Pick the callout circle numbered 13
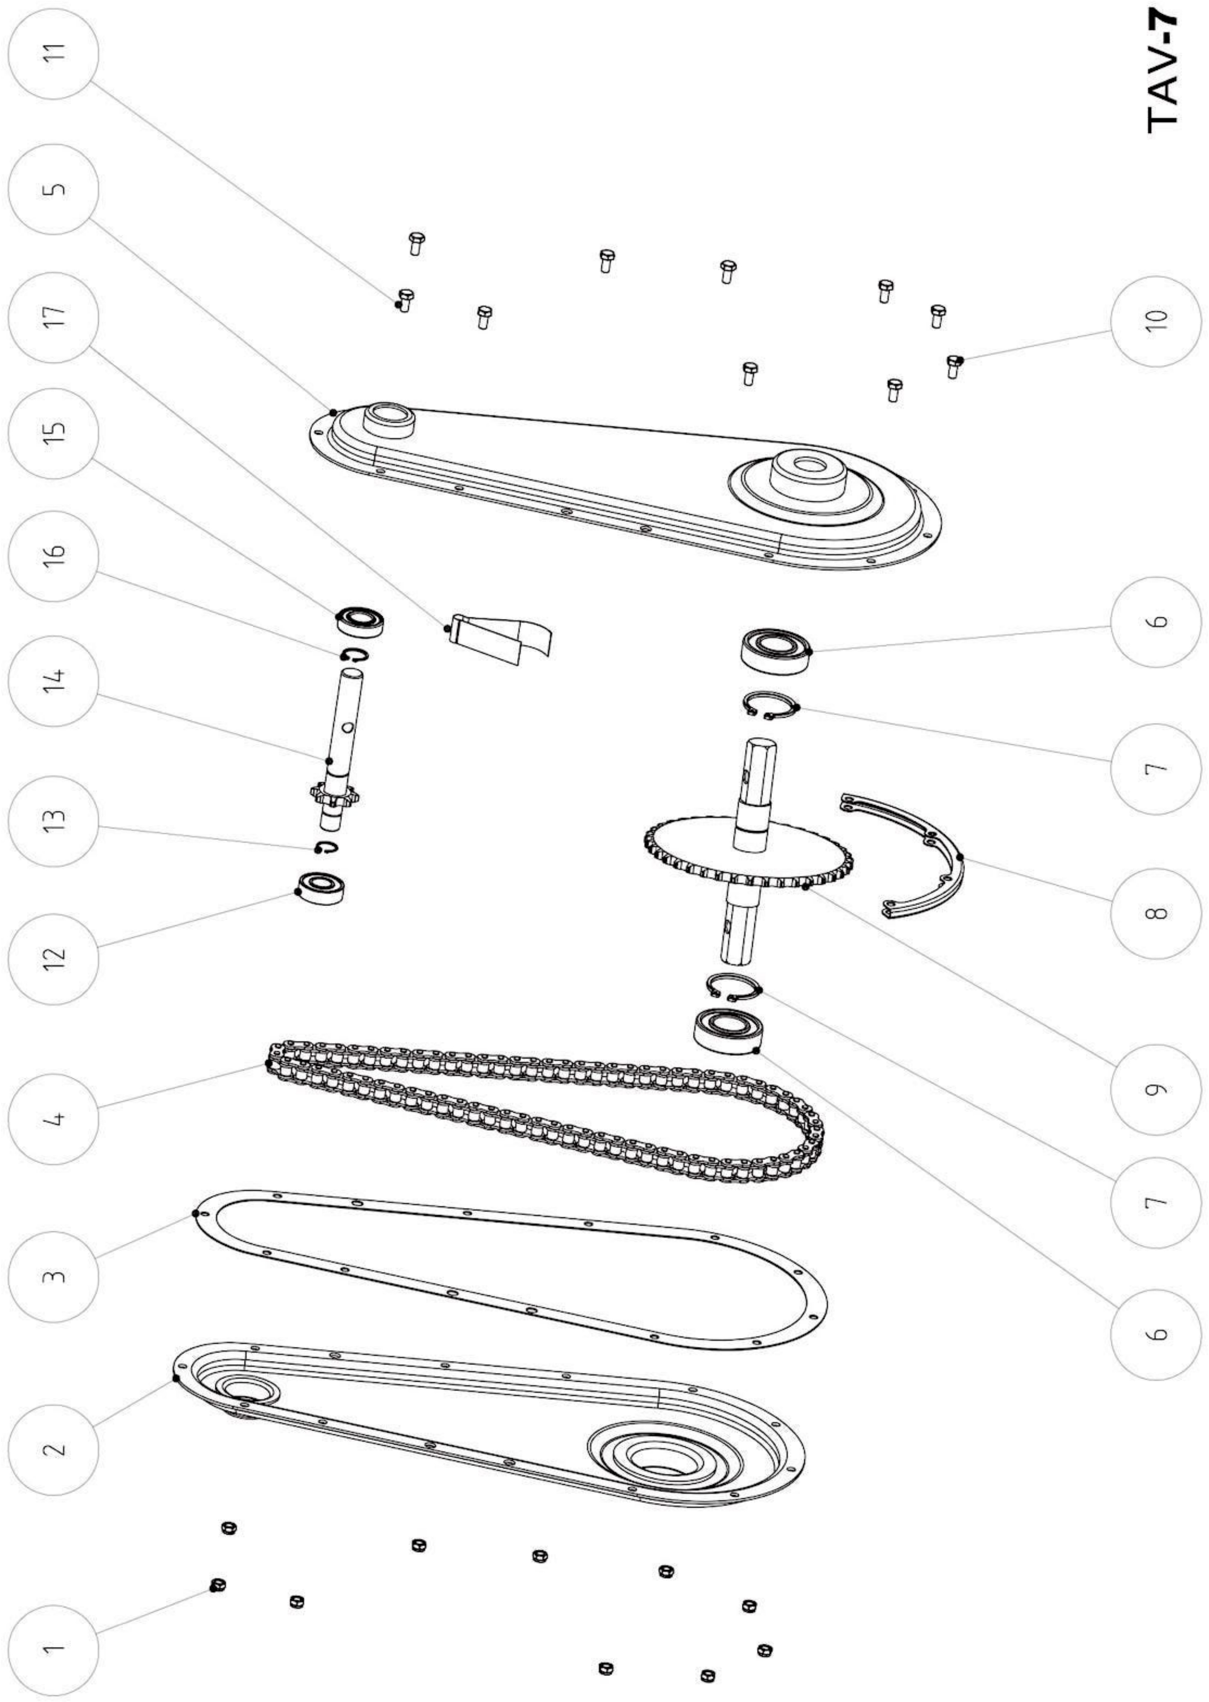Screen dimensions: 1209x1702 coord(53,821)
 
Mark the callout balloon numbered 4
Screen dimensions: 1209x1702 coord(53,1118)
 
